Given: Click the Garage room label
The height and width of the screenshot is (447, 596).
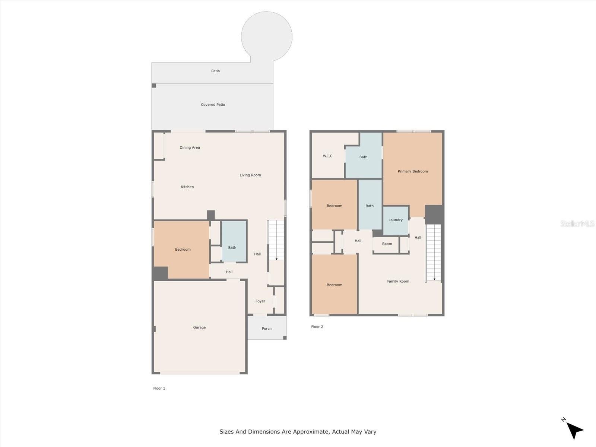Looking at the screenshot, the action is (199, 327).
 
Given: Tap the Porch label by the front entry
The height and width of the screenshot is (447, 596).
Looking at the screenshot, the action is (267, 329).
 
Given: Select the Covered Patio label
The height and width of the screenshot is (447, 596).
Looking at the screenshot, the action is (213, 105).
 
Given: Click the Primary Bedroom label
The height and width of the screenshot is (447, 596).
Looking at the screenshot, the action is (413, 171).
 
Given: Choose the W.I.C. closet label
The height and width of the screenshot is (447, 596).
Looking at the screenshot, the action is (328, 156).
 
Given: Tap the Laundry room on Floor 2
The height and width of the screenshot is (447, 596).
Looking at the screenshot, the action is (396, 221).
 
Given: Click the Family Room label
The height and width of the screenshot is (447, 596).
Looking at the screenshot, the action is (398, 281).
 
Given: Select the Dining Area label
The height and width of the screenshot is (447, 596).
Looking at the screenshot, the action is (190, 148).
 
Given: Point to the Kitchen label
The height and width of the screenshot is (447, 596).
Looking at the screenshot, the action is (187, 187).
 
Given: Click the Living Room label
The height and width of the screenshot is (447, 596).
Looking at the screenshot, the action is (250, 175).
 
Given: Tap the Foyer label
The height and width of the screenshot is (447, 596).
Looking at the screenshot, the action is (260, 301).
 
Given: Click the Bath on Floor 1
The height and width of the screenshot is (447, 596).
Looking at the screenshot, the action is (234, 241).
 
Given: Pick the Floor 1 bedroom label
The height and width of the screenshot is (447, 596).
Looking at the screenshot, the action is (183, 250).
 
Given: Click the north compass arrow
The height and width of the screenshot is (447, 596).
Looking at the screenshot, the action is (574, 431).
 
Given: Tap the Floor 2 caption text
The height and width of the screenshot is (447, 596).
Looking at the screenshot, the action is (317, 327).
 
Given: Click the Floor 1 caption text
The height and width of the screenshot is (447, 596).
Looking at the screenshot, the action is (159, 389).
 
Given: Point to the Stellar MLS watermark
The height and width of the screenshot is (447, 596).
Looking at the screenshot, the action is (577, 223).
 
